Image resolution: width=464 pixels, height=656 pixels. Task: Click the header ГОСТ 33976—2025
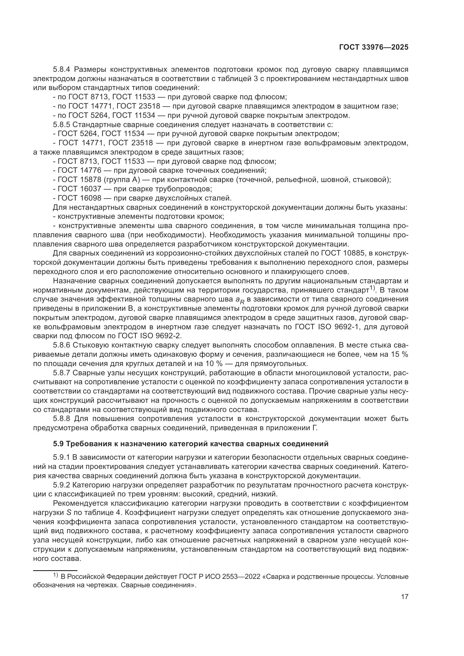tap(373, 47)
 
